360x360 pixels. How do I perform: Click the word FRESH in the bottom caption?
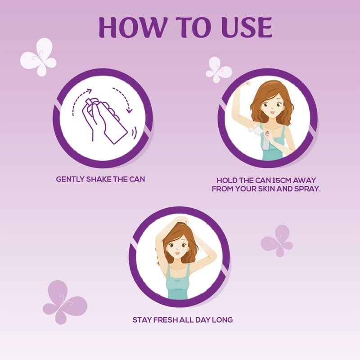pyautogui.click(x=165, y=320)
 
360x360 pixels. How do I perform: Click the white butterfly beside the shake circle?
pyautogui.click(x=38, y=57)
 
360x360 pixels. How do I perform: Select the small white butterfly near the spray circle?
pyautogui.click(x=218, y=70)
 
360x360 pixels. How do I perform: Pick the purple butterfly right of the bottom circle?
pyautogui.click(x=277, y=241)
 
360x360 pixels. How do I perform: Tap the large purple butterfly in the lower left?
pyautogui.click(x=64, y=301)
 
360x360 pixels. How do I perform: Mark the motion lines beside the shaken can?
pyautogui.click(x=134, y=133)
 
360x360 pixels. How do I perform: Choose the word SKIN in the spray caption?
pyautogui.click(x=266, y=189)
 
